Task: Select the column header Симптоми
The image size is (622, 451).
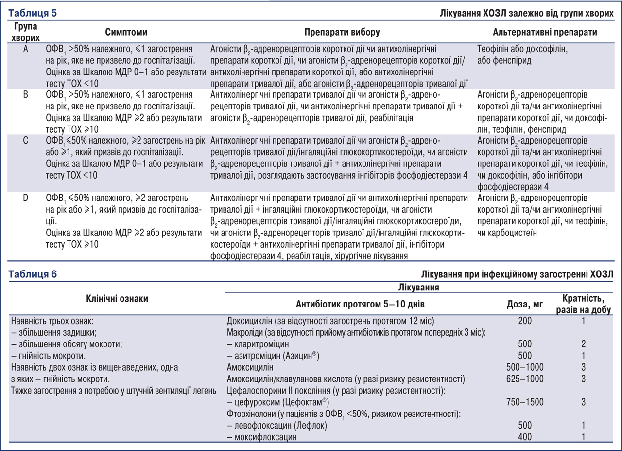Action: tap(126, 32)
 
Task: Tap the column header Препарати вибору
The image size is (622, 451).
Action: tap(342, 32)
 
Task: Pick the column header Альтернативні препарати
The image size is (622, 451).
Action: tap(545, 32)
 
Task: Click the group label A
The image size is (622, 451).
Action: tap(25, 49)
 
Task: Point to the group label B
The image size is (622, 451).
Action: tap(25, 94)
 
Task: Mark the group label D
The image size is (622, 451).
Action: tap(25, 198)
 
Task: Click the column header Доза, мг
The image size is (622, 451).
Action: tap(524, 305)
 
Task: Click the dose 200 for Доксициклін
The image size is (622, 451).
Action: tap(525, 321)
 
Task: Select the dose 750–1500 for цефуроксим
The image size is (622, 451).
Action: tap(525, 402)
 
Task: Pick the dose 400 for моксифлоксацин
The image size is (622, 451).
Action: tap(525, 437)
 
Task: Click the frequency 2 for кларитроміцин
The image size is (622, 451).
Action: tap(583, 344)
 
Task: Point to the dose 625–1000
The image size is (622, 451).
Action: tap(525, 379)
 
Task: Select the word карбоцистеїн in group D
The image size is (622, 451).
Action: tap(510, 233)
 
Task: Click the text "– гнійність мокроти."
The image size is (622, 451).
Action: tap(46, 356)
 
